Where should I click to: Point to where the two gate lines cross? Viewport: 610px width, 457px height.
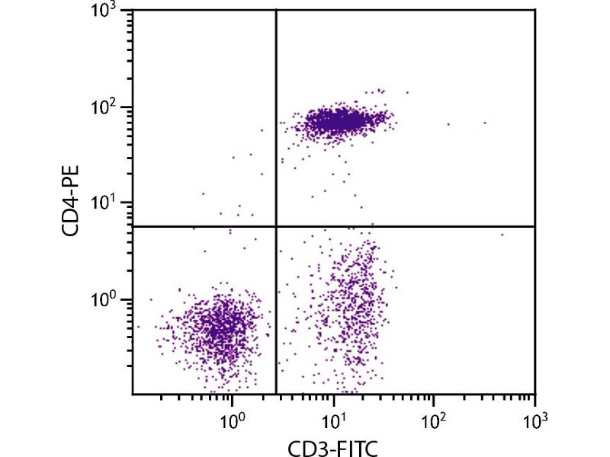275,226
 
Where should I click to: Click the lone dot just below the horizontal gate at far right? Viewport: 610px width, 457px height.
502,235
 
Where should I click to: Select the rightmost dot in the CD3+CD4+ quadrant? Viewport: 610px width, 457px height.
484,123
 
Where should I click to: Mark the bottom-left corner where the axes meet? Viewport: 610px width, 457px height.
133,394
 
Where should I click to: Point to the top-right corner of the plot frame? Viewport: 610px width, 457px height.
535,11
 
